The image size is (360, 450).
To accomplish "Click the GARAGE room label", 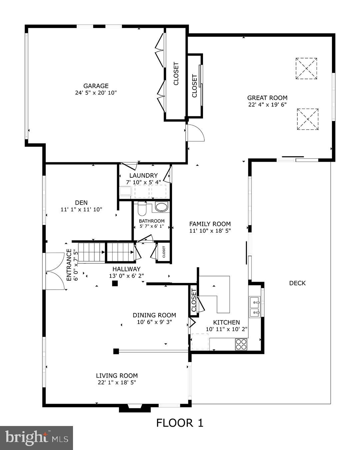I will pos(96,86).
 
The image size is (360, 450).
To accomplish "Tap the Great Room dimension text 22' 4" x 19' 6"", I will pos(267,104).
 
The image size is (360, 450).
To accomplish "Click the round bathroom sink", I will pos(162,207).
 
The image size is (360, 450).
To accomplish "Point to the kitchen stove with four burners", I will pos(241,344).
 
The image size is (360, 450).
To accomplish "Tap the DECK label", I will pos(297,283).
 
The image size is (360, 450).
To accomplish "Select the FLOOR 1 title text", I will pos(180,423).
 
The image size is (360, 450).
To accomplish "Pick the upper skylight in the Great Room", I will pos(306,68).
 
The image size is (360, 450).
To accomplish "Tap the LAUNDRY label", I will pos(143,175).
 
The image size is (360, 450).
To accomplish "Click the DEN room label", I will pos(81,203).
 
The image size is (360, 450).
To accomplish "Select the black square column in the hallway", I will pos(115,284).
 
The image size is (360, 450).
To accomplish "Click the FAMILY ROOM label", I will pos(210,224).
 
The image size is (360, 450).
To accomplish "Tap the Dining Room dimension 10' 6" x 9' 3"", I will pos(154,322).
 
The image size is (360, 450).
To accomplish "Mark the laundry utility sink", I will pos(125,191).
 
